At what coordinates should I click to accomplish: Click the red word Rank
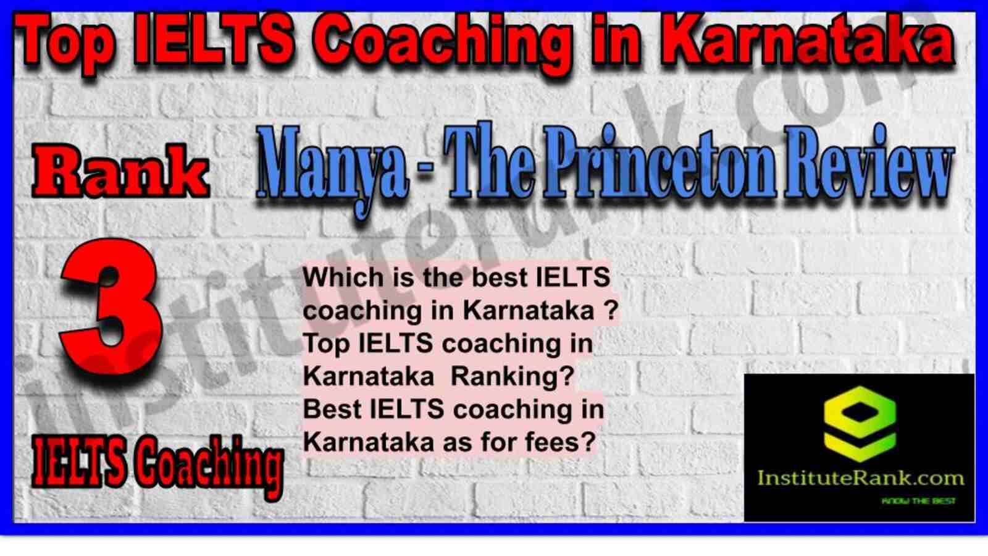pyautogui.click(x=120, y=172)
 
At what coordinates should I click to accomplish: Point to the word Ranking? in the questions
pyautogui.click(x=513, y=377)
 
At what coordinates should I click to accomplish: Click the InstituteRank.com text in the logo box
pyautogui.click(x=860, y=478)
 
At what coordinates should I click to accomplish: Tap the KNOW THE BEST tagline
pyautogui.click(x=918, y=501)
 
